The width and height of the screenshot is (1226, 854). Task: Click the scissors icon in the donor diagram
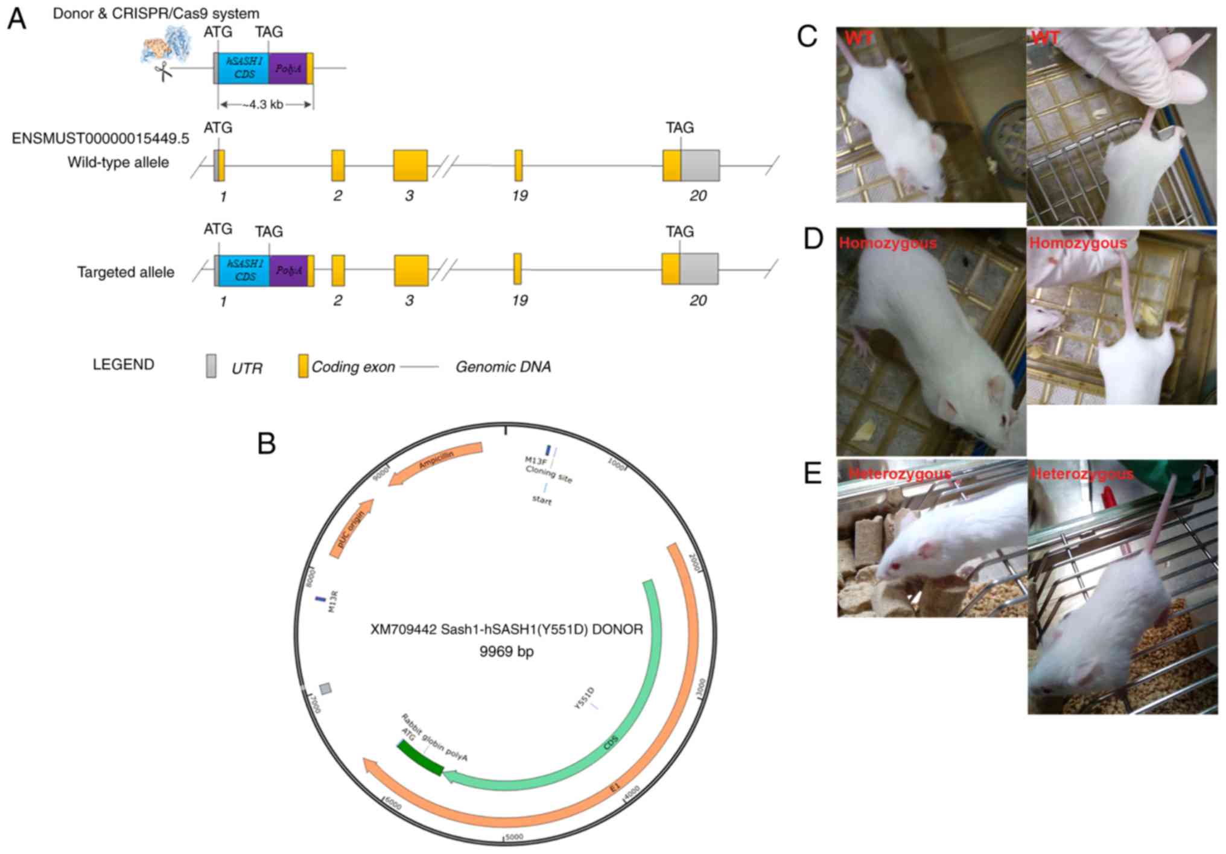(x=162, y=72)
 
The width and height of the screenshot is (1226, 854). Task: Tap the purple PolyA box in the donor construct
(x=288, y=68)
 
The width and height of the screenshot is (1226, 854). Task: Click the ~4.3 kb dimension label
(x=265, y=104)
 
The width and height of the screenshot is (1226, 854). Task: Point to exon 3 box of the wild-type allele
(x=410, y=165)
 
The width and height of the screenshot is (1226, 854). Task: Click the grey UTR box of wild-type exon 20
(x=700, y=165)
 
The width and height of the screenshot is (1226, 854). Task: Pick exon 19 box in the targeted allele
(x=518, y=269)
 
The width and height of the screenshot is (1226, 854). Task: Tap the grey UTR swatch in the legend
(x=211, y=366)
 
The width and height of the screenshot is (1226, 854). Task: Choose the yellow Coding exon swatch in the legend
(x=303, y=366)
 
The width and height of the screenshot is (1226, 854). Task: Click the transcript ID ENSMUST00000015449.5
(x=100, y=139)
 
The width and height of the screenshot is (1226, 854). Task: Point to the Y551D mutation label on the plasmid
(x=584, y=698)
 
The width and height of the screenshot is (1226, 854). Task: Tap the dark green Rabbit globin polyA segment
(x=420, y=759)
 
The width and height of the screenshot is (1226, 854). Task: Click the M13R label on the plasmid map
(x=333, y=602)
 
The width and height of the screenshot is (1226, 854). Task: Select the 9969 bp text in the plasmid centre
(x=506, y=652)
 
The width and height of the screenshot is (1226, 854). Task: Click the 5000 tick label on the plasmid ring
(x=513, y=836)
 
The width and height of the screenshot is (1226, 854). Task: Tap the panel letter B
(x=266, y=444)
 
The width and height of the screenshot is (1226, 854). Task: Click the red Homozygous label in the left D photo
(x=888, y=243)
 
